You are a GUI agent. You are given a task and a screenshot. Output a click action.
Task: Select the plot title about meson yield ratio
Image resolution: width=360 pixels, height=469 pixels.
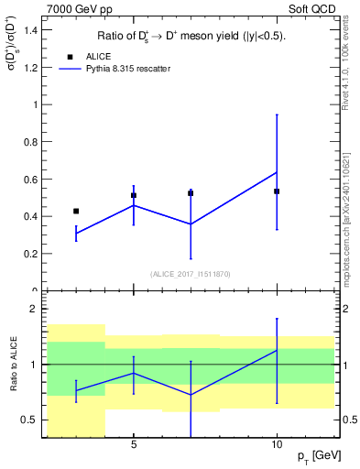[x=190, y=37]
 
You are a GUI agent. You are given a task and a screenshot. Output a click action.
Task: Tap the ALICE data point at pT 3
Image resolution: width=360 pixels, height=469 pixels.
[x=76, y=211]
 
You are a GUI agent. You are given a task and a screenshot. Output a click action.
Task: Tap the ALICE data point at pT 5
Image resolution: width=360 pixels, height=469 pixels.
[x=134, y=195]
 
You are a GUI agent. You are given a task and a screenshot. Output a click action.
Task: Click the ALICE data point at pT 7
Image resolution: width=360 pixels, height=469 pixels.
[x=191, y=193]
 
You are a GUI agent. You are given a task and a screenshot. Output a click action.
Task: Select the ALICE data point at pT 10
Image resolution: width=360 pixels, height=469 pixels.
[x=277, y=191]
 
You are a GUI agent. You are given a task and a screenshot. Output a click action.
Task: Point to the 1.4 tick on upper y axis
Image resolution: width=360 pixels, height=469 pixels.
[x=33, y=29]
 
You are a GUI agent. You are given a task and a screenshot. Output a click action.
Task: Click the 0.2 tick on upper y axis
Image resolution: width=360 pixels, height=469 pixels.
[x=33, y=254]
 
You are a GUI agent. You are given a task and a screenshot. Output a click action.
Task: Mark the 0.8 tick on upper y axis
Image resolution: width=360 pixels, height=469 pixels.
[x=33, y=142]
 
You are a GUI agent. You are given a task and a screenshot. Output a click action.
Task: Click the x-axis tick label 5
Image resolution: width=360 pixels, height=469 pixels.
[x=134, y=446]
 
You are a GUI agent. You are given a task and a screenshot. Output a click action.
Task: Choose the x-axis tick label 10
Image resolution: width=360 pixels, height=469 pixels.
[x=277, y=446]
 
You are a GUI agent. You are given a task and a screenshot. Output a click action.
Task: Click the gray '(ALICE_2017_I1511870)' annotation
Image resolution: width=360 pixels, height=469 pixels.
[x=191, y=274]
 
